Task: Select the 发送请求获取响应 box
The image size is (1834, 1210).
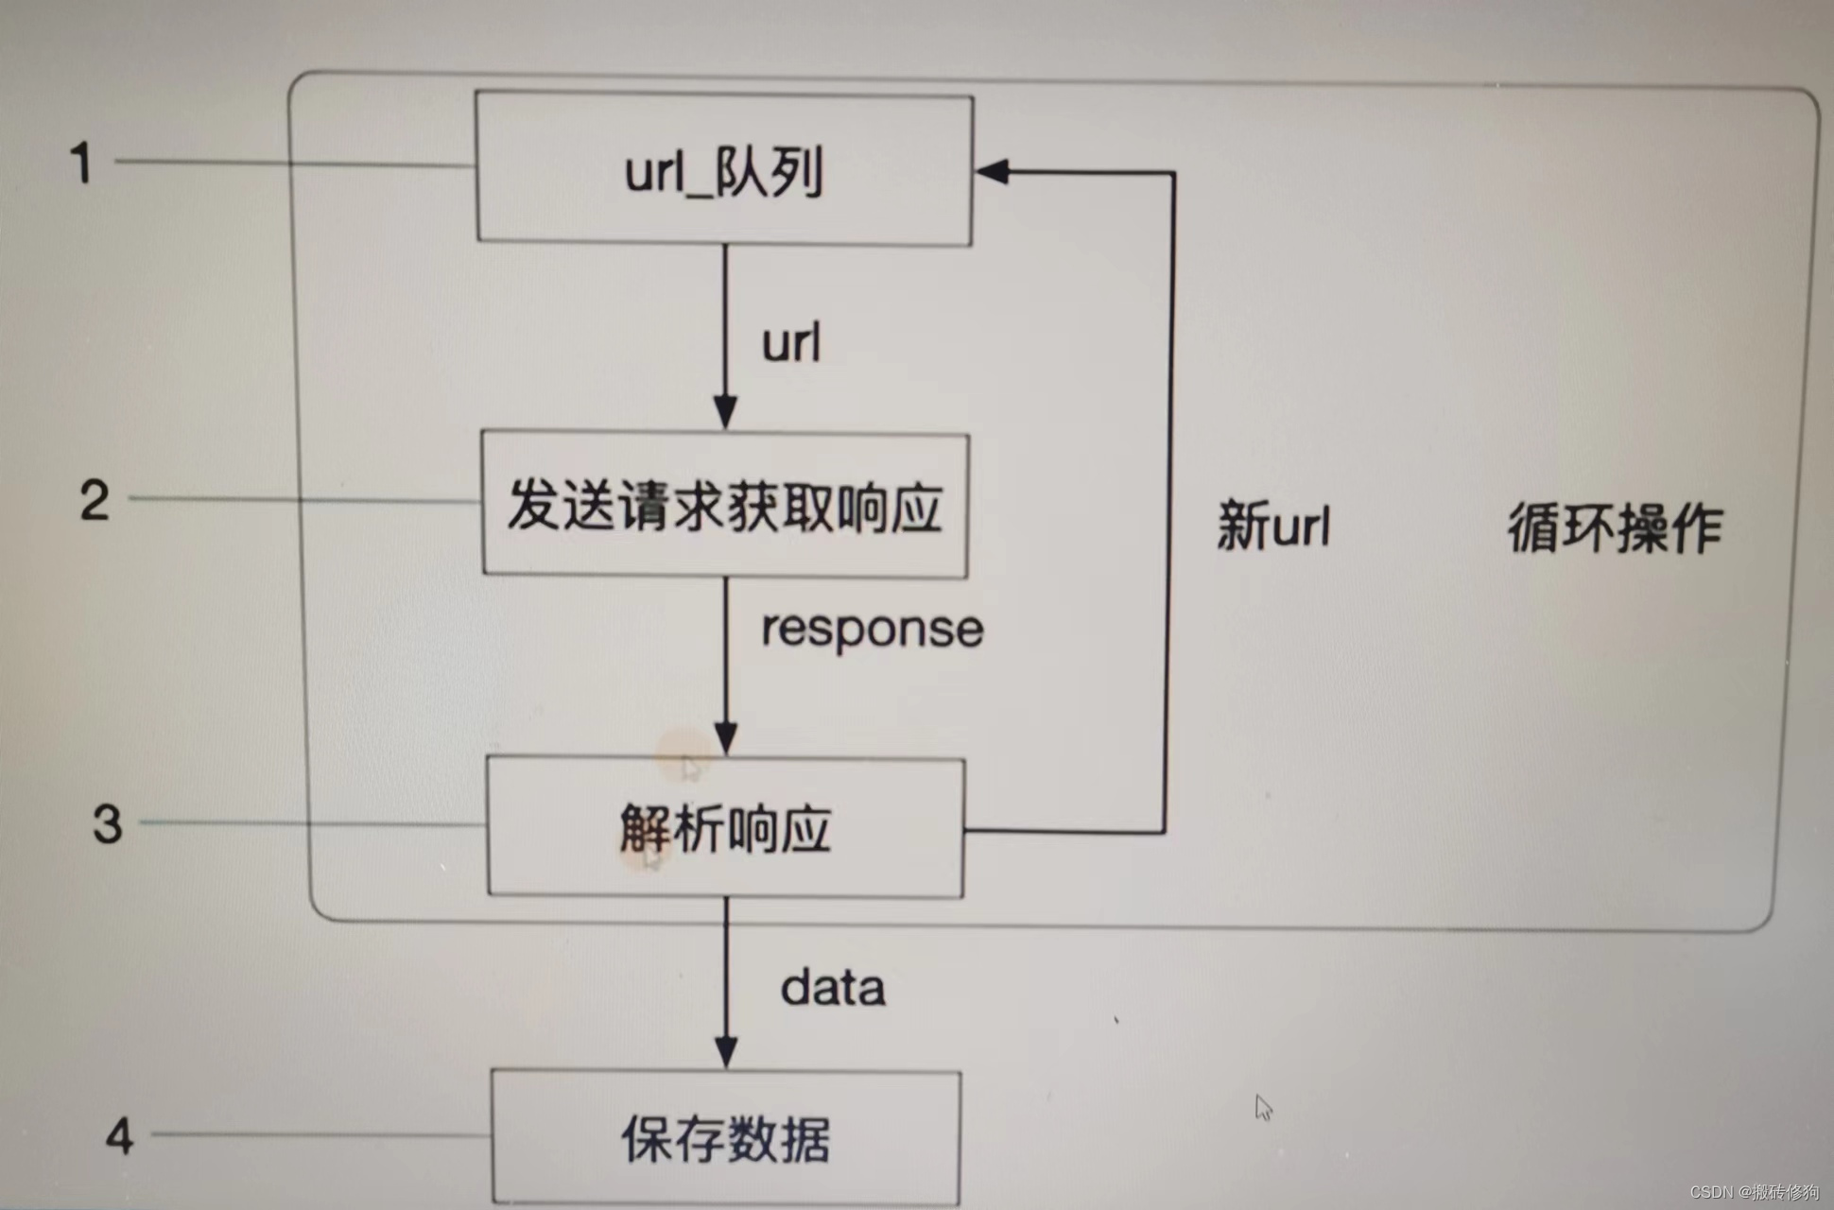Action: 725,505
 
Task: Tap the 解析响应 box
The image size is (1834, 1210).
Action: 725,828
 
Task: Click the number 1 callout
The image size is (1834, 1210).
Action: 82,163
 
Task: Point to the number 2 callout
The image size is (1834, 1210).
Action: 95,500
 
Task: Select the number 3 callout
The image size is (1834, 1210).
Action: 108,823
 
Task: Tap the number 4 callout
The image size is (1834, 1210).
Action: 119,1135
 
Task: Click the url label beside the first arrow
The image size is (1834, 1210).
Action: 791,343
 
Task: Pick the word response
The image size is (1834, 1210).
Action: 872,630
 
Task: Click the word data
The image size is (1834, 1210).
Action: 833,989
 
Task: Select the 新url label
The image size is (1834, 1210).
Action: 1273,526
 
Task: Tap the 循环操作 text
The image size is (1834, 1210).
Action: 1615,527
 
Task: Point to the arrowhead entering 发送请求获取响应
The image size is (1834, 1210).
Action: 725,414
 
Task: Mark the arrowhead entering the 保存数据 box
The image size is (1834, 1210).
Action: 726,1052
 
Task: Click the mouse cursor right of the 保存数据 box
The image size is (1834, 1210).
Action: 1264,1107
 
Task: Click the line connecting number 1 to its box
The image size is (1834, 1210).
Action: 293,164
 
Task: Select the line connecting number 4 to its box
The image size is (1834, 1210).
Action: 321,1134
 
